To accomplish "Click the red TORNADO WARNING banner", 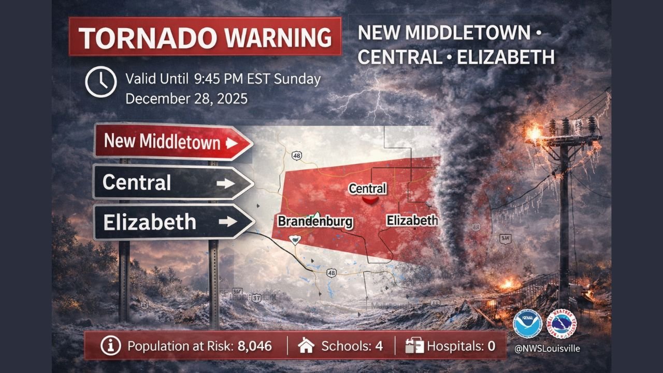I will click(205, 36).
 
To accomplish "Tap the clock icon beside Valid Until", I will click(100, 82).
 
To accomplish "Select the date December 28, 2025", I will click(186, 98).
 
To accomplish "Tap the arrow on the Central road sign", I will click(225, 183).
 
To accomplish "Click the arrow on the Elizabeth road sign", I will click(227, 222).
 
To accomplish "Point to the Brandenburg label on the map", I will click(315, 222).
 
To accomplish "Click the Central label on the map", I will click(367, 189).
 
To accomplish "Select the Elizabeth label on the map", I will click(412, 221).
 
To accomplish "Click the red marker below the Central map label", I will click(371, 199).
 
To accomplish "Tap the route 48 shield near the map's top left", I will click(297, 155).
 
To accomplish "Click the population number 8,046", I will click(254, 346).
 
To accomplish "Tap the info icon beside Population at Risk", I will click(110, 346).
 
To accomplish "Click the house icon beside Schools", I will click(307, 346).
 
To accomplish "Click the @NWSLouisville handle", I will click(546, 349).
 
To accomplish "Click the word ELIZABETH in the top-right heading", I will click(505, 57).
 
